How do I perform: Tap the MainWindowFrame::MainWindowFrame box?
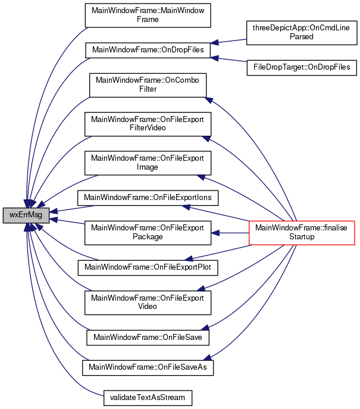pyautogui.click(x=149, y=15)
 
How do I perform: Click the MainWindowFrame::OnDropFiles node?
pyautogui.click(x=149, y=50)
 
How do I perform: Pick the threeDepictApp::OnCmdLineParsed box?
pyautogui.click(x=302, y=32)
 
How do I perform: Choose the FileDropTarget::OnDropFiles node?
pyautogui.click(x=302, y=67)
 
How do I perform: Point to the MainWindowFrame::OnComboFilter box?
pyautogui.click(x=148, y=85)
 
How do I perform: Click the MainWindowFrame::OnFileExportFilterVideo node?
pyautogui.click(x=148, y=123)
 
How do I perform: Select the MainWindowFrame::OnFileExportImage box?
pyautogui.click(x=148, y=163)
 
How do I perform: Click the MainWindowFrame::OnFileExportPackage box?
pyautogui.click(x=148, y=232)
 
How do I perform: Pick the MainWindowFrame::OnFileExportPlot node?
pyautogui.click(x=149, y=267)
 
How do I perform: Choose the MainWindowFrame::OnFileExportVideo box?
pyautogui.click(x=148, y=302)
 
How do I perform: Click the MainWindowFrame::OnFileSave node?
pyautogui.click(x=149, y=337)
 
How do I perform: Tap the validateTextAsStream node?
pyautogui.click(x=149, y=396)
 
